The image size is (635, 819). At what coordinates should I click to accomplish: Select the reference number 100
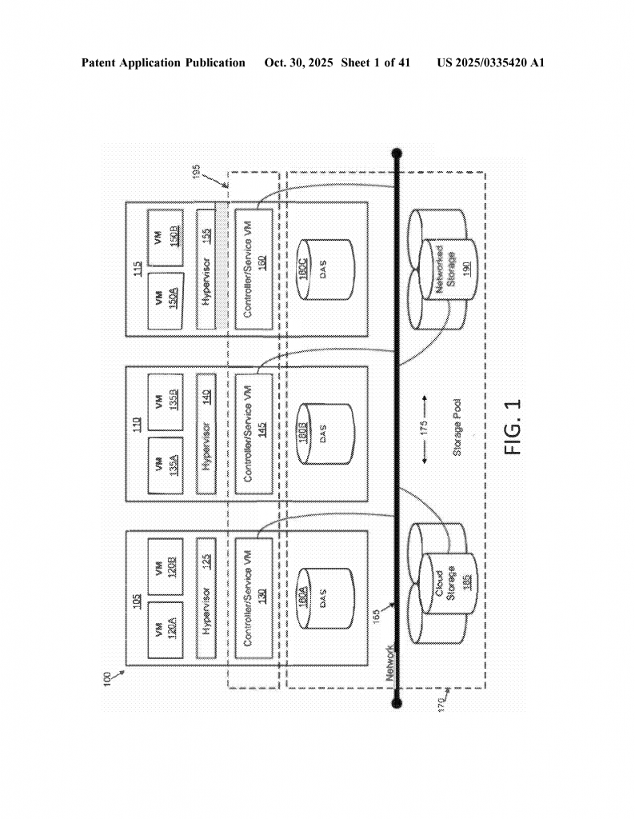(x=107, y=677)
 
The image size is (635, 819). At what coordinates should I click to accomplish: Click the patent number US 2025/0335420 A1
(x=490, y=62)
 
